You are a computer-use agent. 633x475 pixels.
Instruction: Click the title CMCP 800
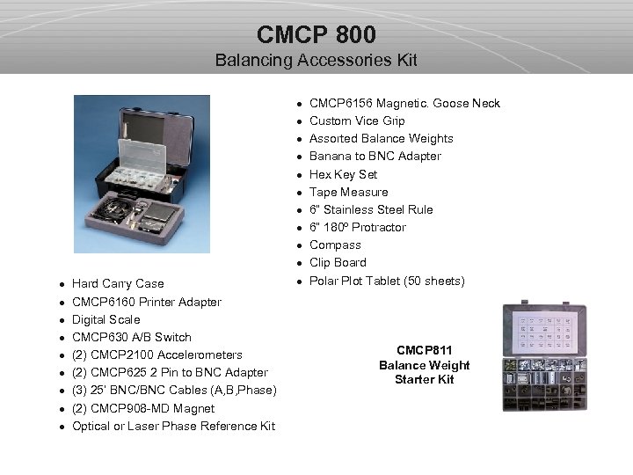pos(316,34)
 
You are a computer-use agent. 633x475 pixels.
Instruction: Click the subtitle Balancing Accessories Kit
pos(316,61)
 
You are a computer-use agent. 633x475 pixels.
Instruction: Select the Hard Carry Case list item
pos(118,283)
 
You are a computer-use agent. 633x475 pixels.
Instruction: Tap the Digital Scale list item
pos(105,319)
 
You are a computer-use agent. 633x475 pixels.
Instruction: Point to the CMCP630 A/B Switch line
pos(131,337)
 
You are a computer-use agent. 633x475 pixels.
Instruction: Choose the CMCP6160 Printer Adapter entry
pos(147,302)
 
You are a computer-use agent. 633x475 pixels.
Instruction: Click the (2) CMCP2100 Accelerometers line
pos(156,354)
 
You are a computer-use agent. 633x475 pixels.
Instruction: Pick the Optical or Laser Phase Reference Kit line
pos(173,426)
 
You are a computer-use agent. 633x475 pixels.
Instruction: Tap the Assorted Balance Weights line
pos(382,138)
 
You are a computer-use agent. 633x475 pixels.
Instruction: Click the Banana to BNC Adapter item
pos(375,156)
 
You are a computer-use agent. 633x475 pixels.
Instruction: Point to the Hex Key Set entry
pos(343,174)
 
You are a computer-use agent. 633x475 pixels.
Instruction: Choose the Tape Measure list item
pos(348,192)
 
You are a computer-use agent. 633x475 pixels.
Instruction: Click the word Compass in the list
pos(335,245)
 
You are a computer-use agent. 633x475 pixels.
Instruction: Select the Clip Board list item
pos(338,262)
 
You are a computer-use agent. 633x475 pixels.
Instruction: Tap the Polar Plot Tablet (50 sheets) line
pos(387,281)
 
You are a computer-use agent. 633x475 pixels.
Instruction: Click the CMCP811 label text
pos(425,350)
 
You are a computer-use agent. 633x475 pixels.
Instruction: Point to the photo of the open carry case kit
pos(142,173)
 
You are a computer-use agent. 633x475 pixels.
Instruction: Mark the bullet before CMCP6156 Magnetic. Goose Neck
pos(300,104)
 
